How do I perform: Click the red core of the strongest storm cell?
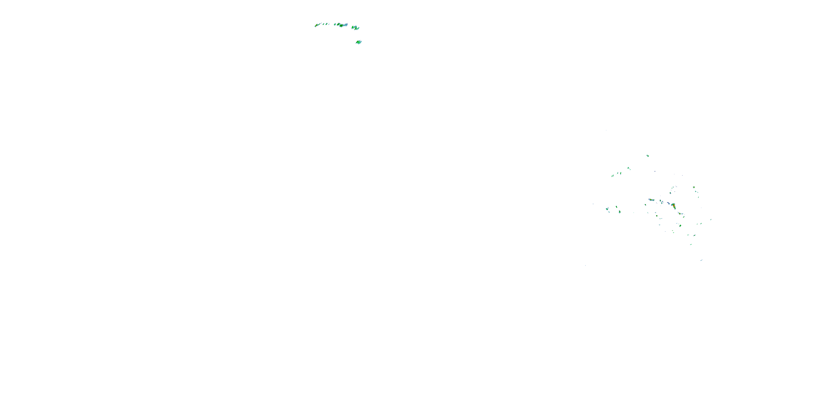674,205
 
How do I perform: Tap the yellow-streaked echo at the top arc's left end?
316,25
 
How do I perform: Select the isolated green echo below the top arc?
358,42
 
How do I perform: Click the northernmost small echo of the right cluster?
647,156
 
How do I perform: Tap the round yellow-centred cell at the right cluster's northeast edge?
694,187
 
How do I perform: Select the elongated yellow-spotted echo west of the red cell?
651,200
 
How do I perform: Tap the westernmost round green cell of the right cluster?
607,209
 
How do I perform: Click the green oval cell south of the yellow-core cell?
680,225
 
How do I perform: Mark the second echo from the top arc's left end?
323,24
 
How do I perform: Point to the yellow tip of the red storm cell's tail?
675,208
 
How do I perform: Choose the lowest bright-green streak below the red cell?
691,244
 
